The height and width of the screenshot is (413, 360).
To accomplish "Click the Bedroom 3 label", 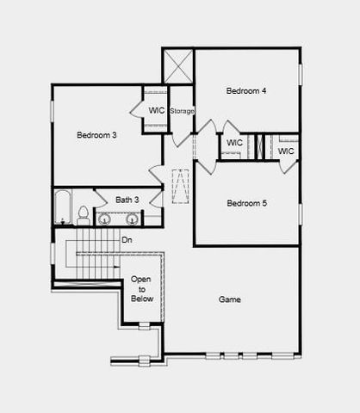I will coord(96,135).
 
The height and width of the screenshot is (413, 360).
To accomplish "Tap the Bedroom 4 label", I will coord(247,90).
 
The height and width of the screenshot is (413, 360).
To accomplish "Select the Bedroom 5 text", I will coord(247,203).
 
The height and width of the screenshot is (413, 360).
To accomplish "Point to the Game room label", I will coord(229,299).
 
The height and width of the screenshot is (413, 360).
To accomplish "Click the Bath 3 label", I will coord(127,200).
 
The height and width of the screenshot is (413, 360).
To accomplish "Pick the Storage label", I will coord(182,111).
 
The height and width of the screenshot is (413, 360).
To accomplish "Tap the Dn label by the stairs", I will coord(127,240).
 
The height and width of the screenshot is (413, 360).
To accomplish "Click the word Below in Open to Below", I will coord(141,299).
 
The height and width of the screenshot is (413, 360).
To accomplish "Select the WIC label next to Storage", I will coord(156,110).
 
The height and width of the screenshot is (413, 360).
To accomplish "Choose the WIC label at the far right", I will coord(286,151).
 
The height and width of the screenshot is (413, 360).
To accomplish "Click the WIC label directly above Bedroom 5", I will coord(233,143).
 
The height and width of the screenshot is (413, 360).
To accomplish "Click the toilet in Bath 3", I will coord(83,213).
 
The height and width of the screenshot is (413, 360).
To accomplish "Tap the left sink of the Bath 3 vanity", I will coord(104,219).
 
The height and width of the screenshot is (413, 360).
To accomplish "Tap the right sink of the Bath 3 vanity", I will coord(132,219).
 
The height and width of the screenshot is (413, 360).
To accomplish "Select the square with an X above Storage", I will coord(178,65).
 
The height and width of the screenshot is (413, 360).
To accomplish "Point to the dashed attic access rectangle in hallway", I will coord(180,187).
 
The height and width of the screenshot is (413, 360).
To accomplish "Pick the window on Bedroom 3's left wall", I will coord(52,110).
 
